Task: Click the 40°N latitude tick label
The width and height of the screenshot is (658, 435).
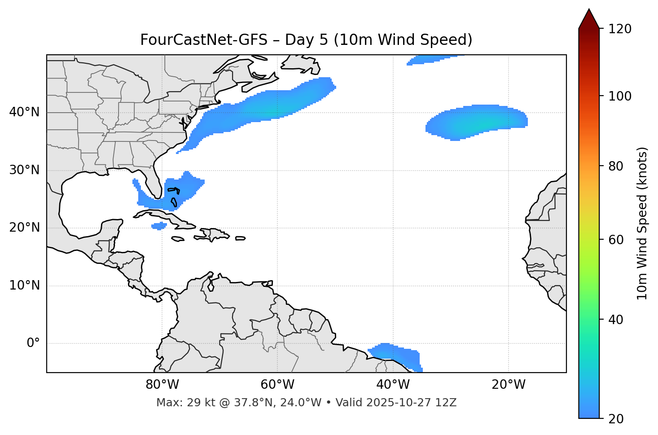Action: pos(24,112)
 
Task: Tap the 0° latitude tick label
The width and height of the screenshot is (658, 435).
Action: pos(33,343)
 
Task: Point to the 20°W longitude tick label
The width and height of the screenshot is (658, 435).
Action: pos(509,385)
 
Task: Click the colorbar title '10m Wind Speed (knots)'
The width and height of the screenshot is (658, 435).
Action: pos(642,223)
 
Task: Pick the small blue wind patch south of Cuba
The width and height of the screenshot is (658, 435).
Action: pos(159,226)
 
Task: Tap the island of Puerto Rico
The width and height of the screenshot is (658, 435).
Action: pos(241,238)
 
